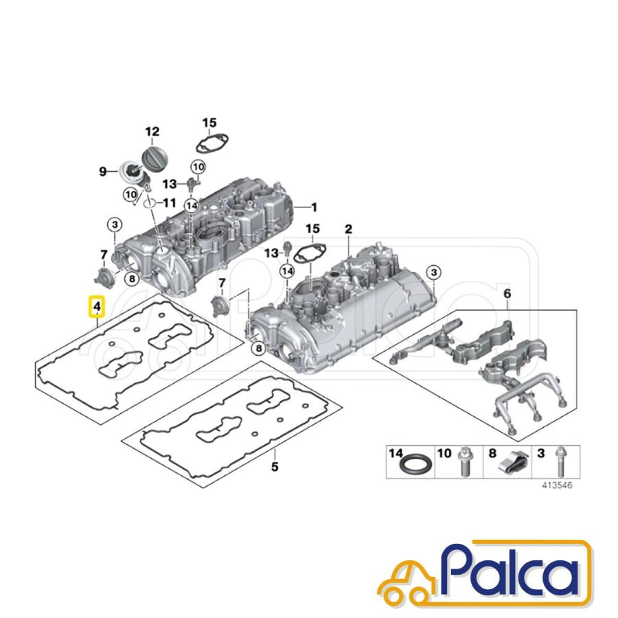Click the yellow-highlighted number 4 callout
[97, 306]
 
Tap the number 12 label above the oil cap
[152, 131]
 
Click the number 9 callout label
[102, 172]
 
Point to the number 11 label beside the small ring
[170, 203]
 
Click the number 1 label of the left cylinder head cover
[314, 207]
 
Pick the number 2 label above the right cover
[348, 229]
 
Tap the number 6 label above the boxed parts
[507, 294]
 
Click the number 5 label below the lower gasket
[275, 467]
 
